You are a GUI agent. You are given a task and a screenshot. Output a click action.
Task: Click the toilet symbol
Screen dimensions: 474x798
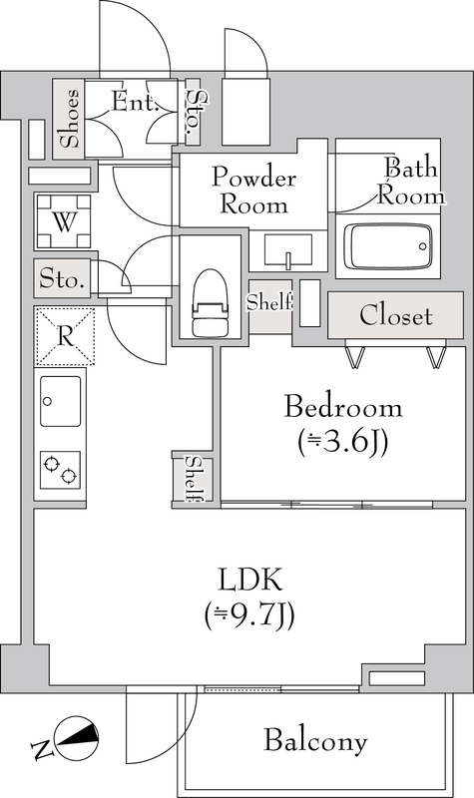209,302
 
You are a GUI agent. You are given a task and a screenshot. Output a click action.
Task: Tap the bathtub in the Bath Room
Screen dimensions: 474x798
388,246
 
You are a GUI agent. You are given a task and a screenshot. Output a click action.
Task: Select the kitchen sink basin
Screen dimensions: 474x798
61,401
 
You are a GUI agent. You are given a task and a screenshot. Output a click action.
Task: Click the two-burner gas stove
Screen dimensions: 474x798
61,470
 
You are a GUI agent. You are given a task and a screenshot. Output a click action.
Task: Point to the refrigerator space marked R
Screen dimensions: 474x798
64,336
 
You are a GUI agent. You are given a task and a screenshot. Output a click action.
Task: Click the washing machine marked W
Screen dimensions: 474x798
64,221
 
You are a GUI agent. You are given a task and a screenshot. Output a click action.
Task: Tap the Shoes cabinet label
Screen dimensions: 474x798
69,119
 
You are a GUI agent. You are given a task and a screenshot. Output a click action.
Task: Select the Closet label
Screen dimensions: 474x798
395,315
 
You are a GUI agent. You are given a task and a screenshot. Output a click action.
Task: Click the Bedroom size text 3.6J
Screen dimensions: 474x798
343,442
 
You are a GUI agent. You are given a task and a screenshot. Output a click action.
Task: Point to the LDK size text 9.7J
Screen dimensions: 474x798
249,614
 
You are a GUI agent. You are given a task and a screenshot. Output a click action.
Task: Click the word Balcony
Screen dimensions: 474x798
315,741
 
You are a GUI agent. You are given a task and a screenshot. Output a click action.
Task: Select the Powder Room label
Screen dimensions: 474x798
253,191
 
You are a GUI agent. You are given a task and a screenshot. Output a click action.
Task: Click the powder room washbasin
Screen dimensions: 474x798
288,250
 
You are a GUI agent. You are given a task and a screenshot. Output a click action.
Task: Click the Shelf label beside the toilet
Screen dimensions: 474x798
269,302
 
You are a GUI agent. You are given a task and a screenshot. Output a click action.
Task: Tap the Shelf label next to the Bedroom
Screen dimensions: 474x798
194,479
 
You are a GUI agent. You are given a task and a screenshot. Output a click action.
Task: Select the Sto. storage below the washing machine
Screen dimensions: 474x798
62,279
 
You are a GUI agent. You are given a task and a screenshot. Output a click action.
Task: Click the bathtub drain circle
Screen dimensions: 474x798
422,246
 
